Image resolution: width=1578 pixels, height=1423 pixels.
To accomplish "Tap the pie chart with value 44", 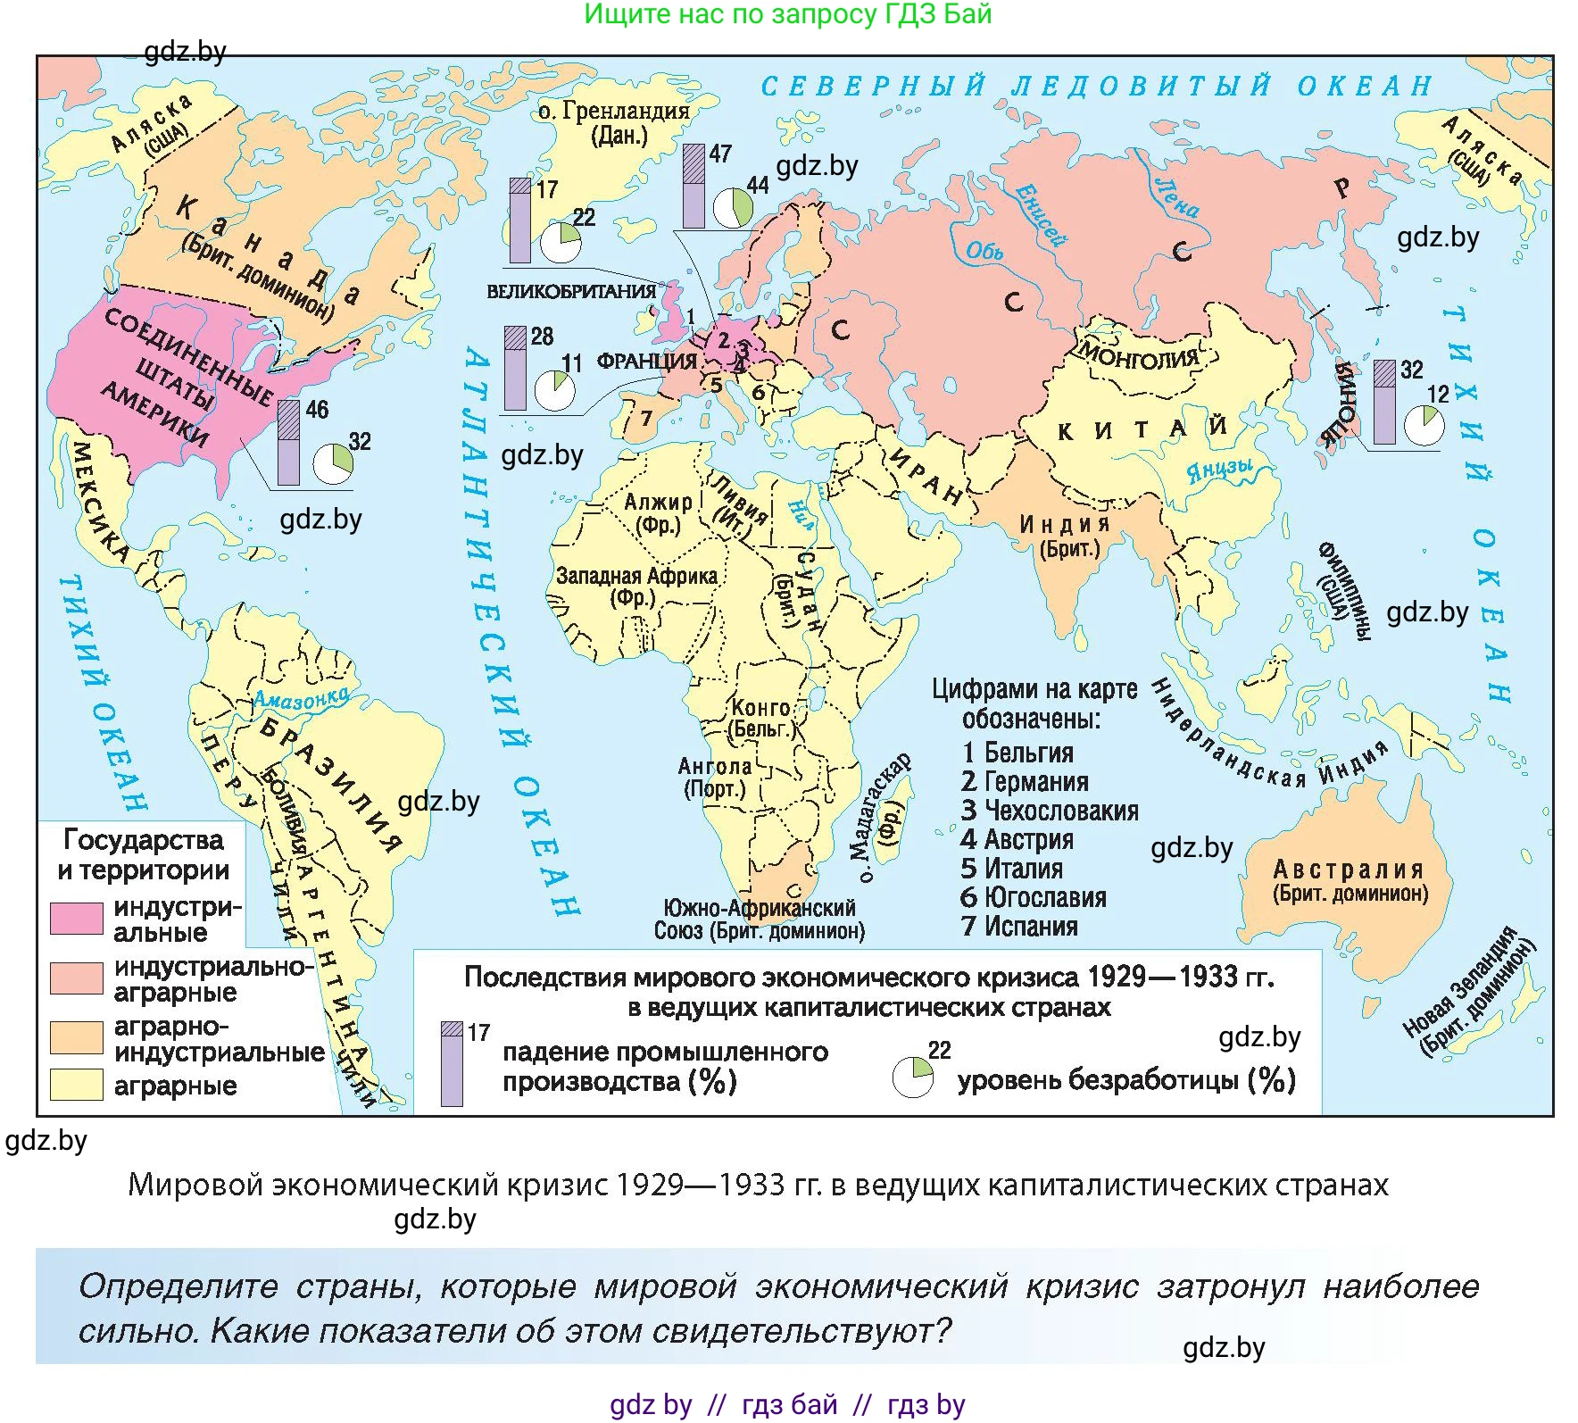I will [x=733, y=208].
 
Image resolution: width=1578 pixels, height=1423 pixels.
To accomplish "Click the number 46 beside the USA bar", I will [x=317, y=410].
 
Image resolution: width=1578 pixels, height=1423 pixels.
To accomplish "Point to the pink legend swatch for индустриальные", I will [x=76, y=919].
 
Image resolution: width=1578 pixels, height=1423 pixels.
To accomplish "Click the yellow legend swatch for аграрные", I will [x=76, y=1085].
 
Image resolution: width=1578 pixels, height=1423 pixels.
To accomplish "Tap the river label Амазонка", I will [x=301, y=699].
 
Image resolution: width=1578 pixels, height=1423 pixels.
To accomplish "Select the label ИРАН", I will [x=925, y=478].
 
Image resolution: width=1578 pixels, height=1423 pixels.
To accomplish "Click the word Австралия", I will [x=1348, y=869].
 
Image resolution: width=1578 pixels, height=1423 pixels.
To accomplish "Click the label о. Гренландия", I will [x=614, y=112].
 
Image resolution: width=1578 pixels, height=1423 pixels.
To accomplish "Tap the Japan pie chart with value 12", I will [x=1424, y=426].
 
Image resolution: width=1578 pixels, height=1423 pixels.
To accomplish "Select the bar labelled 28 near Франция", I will [x=515, y=368].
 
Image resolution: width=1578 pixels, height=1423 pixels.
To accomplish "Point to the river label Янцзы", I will [x=1219, y=470].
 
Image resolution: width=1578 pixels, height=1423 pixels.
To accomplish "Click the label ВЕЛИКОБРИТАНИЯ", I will [x=571, y=292].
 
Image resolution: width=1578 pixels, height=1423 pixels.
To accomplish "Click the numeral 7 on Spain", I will [x=646, y=418].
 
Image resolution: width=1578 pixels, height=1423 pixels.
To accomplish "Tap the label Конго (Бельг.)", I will [x=761, y=718].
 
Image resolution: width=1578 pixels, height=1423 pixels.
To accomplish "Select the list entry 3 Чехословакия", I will [x=1049, y=811].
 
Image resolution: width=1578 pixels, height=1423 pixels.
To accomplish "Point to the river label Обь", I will [x=985, y=251].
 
